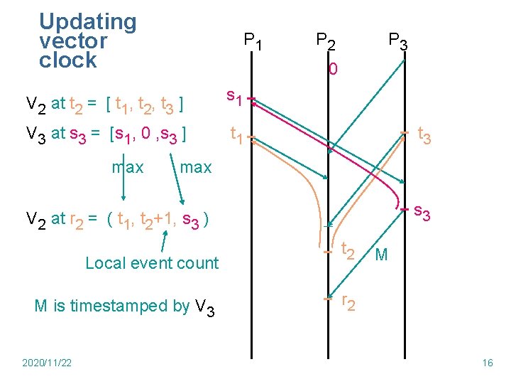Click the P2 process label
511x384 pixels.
(x=326, y=41)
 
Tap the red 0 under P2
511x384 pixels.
(x=333, y=70)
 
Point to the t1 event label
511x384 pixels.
(x=237, y=133)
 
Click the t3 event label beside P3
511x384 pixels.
(x=425, y=134)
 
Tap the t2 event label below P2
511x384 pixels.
(x=348, y=250)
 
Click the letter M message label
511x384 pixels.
(x=381, y=255)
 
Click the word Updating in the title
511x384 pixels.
(x=87, y=22)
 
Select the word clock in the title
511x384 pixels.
(x=67, y=60)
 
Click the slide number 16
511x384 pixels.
(x=487, y=363)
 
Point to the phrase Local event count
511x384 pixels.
(x=152, y=263)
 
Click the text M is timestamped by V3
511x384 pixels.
(x=124, y=306)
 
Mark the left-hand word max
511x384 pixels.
(x=128, y=167)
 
